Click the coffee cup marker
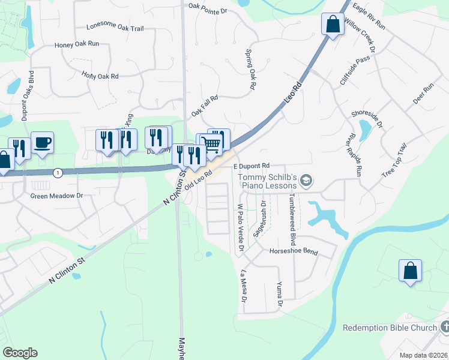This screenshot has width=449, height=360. pyautogui.click(x=42, y=143)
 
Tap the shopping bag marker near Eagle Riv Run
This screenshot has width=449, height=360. pyautogui.click(x=333, y=25)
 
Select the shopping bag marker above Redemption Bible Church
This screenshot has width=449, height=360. pyautogui.click(x=410, y=270)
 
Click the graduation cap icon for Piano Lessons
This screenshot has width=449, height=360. pyautogui.click(x=307, y=180)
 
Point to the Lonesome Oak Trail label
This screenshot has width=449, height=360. pyautogui.click(x=115, y=28)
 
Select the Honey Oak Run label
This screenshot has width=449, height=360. pyautogui.click(x=77, y=44)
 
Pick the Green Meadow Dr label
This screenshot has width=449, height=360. pyautogui.click(x=56, y=196)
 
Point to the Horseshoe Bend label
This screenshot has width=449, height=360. pyautogui.click(x=294, y=252)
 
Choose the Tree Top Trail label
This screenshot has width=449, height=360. pyautogui.click(x=394, y=161)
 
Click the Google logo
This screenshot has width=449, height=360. pyautogui.click(x=20, y=353)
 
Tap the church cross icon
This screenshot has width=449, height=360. pyautogui.click(x=444, y=328)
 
